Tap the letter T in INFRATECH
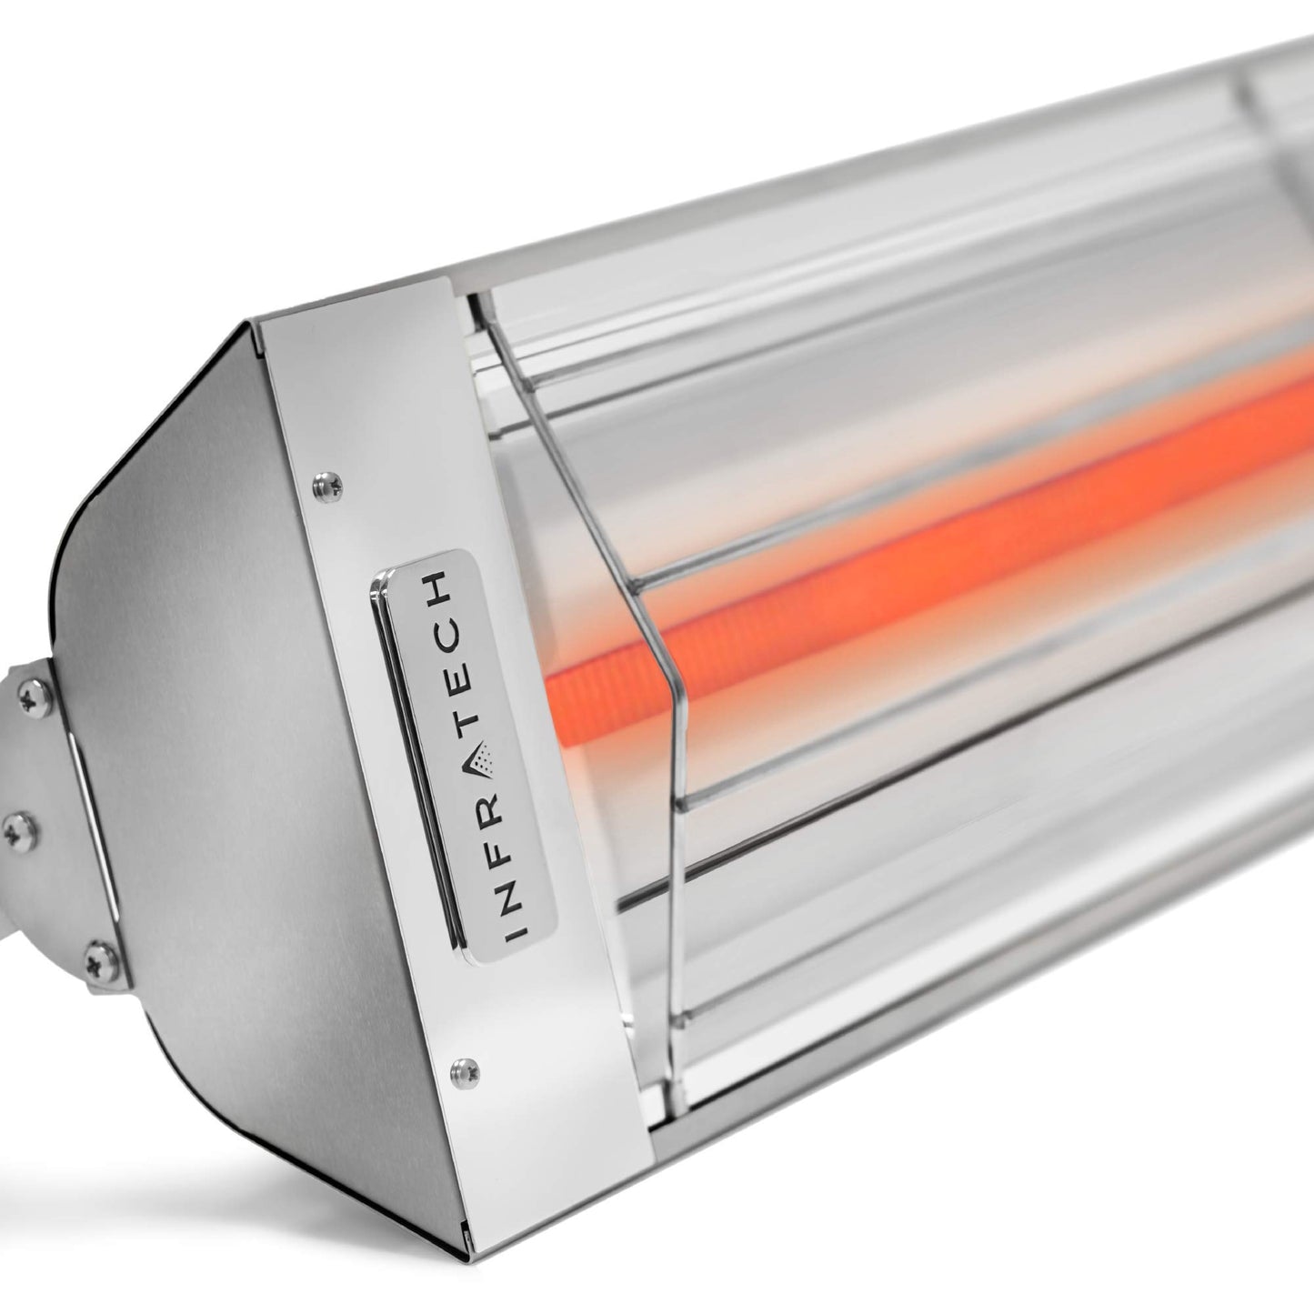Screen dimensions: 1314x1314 pyautogui.click(x=470, y=725)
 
